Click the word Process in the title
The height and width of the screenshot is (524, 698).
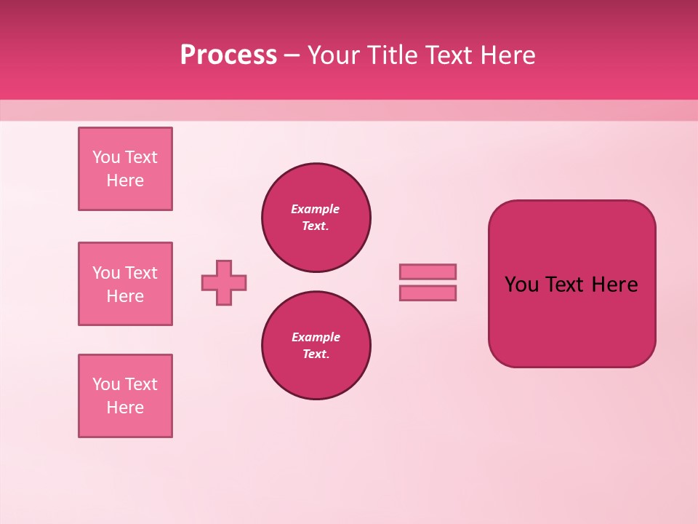pyautogui.click(x=228, y=55)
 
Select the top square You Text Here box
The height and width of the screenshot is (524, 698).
pyautogui.click(x=125, y=169)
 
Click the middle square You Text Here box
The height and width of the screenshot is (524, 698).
pyautogui.click(x=125, y=284)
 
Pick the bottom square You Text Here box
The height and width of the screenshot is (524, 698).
pyautogui.click(x=125, y=396)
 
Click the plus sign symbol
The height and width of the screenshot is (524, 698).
pyautogui.click(x=224, y=282)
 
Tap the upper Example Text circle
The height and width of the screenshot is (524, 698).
pyautogui.click(x=316, y=218)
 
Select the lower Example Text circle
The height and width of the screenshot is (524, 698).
pyautogui.click(x=316, y=346)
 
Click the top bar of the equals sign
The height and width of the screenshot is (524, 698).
pyautogui.click(x=428, y=271)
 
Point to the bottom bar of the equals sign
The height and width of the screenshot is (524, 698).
pyautogui.click(x=428, y=293)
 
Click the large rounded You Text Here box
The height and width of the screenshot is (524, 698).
pyautogui.click(x=571, y=284)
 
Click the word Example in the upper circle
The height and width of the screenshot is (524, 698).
pyautogui.click(x=316, y=209)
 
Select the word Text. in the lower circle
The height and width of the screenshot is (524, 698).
pyautogui.click(x=316, y=354)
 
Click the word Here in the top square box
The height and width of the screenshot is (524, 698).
pyautogui.click(x=125, y=180)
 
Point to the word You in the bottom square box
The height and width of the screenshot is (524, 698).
pyautogui.click(x=106, y=384)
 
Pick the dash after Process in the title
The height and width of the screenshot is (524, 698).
pyautogui.click(x=292, y=55)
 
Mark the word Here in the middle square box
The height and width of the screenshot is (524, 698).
pyautogui.click(x=125, y=296)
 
